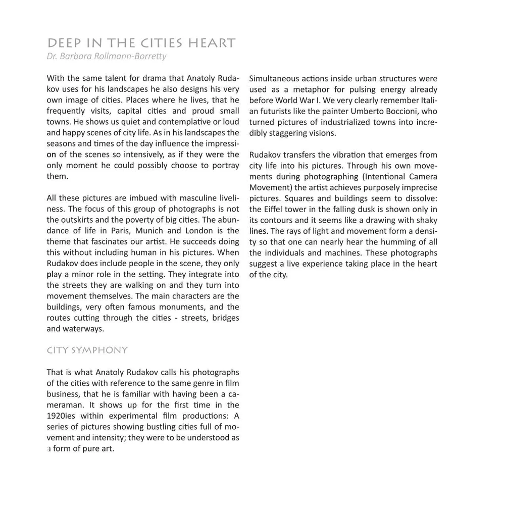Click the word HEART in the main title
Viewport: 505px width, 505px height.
(x=212, y=43)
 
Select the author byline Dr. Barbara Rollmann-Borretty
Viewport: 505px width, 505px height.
(x=106, y=56)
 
